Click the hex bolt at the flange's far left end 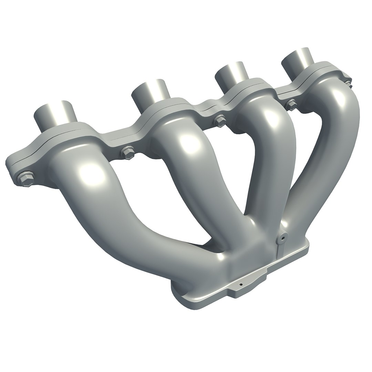[x=25, y=179]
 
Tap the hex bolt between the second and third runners [x=219, y=121]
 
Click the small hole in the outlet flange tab [x=241, y=285]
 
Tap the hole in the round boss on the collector [x=283, y=238]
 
